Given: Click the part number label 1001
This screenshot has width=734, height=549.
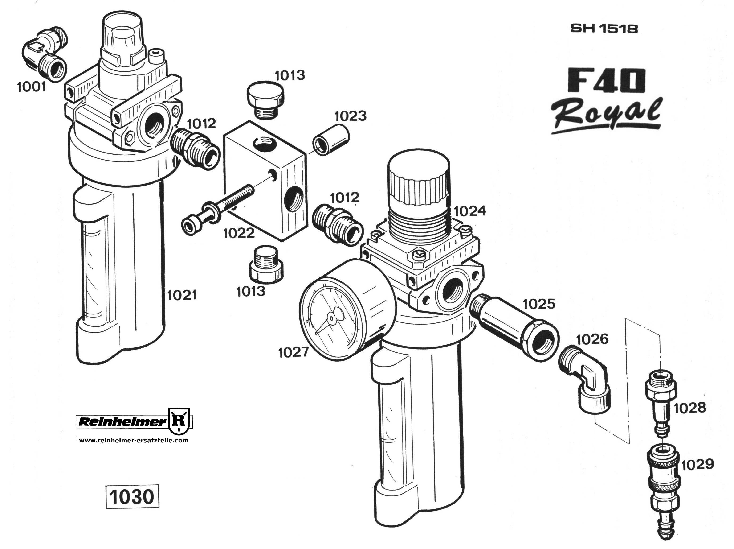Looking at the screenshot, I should tap(32, 87).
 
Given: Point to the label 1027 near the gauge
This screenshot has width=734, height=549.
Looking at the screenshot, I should tap(294, 352).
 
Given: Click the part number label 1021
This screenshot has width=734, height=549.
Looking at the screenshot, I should tap(182, 295).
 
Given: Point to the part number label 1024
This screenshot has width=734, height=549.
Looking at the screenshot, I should tap(469, 211).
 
